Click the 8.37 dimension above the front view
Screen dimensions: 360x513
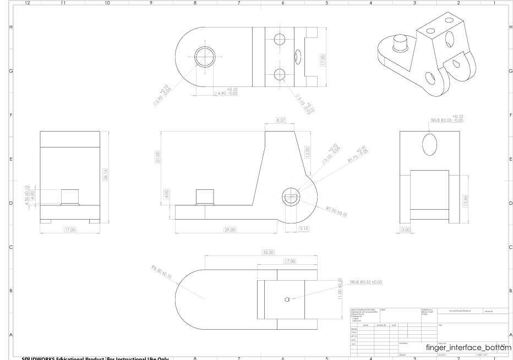(x=281, y=119)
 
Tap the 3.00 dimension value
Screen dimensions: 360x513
(x=406, y=229)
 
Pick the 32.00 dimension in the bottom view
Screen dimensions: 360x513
(x=268, y=253)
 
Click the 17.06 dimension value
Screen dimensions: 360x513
(x=288, y=261)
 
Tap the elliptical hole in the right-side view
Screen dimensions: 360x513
(x=429, y=145)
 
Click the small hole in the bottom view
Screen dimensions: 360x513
(x=287, y=299)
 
